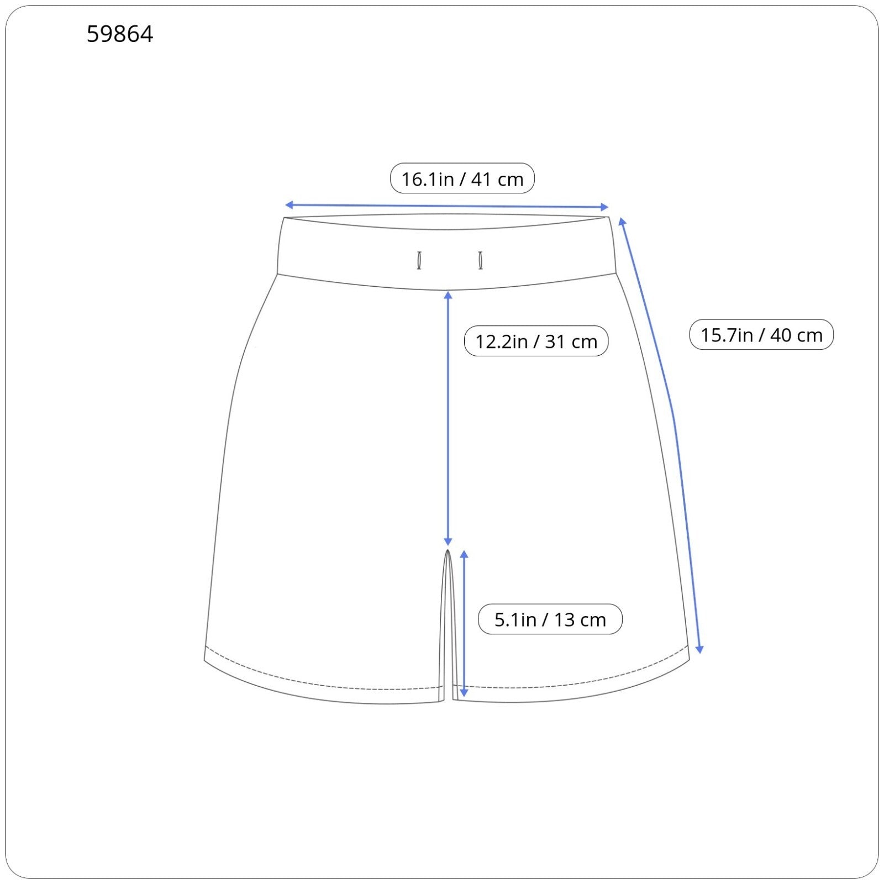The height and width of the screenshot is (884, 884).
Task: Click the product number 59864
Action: pyautogui.click(x=120, y=34)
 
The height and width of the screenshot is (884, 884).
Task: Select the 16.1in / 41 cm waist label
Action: pyautogui.click(x=462, y=178)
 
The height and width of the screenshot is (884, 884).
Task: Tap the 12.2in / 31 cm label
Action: pyautogui.click(x=536, y=341)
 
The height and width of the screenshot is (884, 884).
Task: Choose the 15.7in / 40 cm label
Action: pyautogui.click(x=761, y=334)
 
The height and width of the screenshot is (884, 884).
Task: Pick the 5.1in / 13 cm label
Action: pyautogui.click(x=550, y=619)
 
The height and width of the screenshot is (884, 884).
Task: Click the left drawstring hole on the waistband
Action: pyautogui.click(x=419, y=260)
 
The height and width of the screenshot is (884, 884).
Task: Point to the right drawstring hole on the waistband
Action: pyautogui.click(x=481, y=260)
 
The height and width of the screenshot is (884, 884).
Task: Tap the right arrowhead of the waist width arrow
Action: pyautogui.click(x=604, y=207)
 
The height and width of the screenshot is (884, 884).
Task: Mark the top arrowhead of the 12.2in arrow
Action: pyautogui.click(x=448, y=296)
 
